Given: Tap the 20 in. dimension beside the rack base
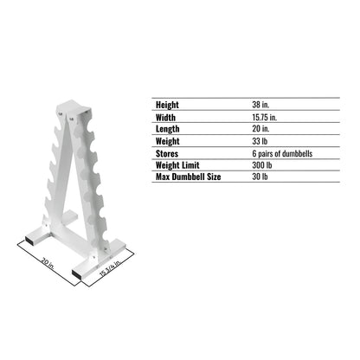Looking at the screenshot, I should tap(46, 260).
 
